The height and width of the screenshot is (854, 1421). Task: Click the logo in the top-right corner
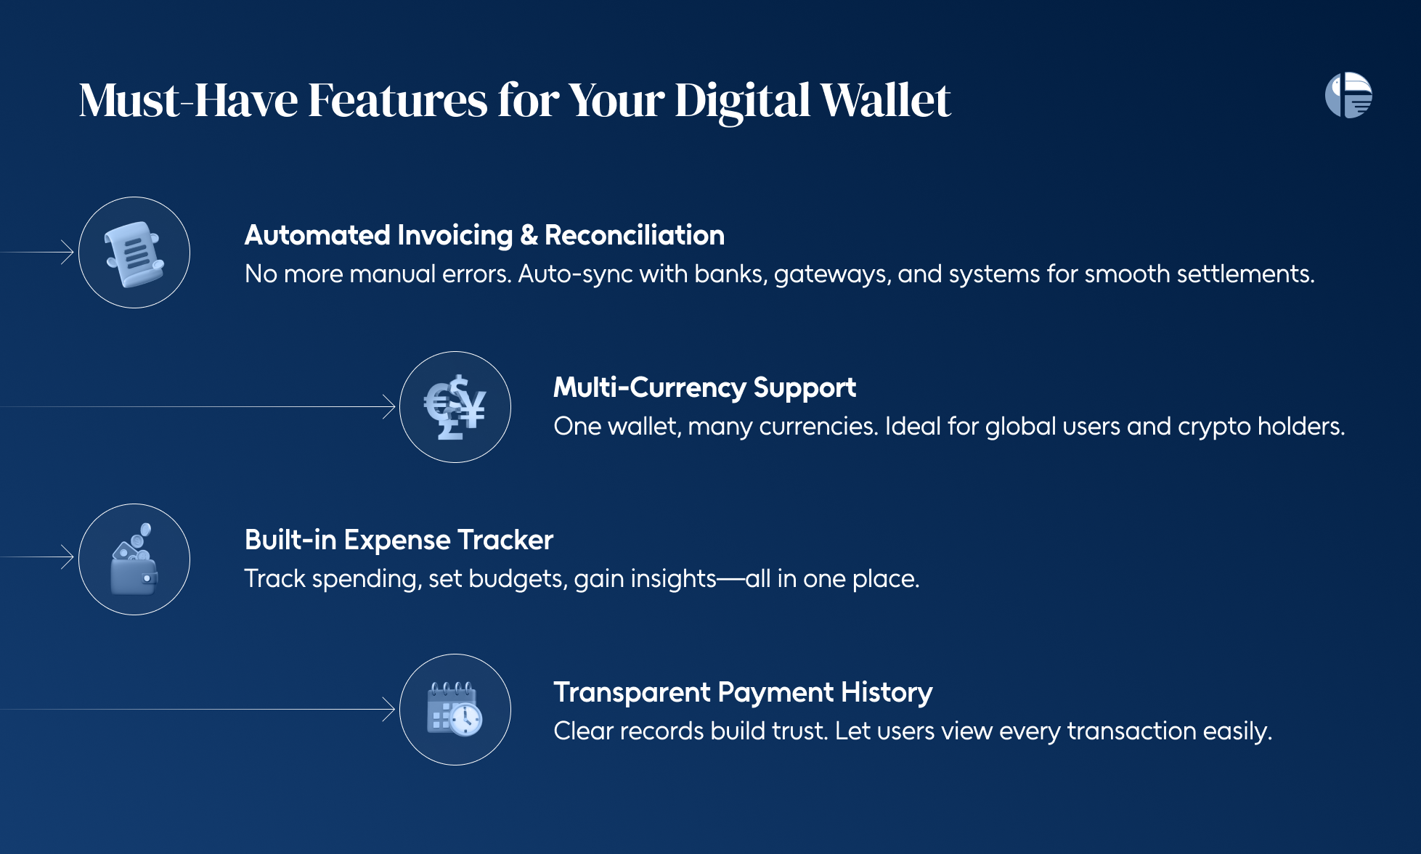1348,95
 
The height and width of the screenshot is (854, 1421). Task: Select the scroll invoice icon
134,253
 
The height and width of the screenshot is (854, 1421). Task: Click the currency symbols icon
455,407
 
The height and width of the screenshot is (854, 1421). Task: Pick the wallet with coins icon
134,559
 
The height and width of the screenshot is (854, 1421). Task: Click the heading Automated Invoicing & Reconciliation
484,235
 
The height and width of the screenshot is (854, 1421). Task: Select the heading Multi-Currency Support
704,388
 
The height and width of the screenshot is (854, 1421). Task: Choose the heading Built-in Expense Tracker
399,540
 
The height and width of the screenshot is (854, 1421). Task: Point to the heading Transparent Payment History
743,693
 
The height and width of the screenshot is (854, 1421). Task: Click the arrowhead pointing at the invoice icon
68,252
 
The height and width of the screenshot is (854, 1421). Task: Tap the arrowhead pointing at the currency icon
388,407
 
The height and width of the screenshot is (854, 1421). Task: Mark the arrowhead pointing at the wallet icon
68,557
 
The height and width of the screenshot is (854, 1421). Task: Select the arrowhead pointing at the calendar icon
388,710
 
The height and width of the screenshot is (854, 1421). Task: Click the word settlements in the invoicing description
1245,274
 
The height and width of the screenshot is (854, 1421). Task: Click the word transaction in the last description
1131,731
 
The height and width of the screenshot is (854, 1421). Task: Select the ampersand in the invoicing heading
529,235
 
